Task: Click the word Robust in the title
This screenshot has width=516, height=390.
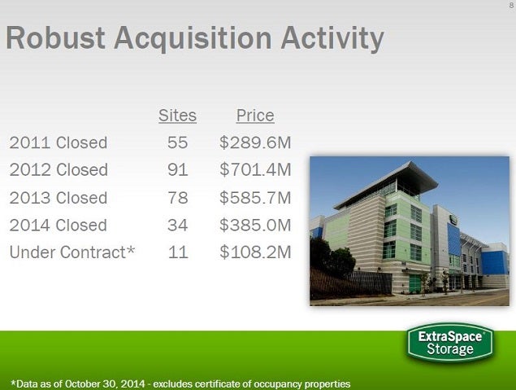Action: tap(55, 37)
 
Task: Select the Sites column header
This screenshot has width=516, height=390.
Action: tap(177, 116)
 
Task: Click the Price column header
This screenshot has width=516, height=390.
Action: tap(255, 116)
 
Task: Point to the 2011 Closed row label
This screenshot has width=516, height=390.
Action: tap(59, 142)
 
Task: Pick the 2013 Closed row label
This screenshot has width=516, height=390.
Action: tap(59, 198)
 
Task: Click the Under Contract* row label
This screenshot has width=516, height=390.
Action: tap(72, 252)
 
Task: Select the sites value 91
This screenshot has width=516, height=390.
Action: tap(178, 170)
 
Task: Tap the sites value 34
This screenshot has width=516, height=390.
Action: tap(178, 226)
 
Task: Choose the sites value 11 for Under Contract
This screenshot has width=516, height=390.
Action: tap(178, 252)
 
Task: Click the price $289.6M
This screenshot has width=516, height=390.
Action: tap(255, 142)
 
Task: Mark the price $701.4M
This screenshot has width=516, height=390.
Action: tap(255, 170)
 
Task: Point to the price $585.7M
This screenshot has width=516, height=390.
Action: tap(255, 198)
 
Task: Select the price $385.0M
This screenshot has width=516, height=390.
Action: tap(255, 226)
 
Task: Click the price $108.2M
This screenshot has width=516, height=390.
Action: tap(255, 252)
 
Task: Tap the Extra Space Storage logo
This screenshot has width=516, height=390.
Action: tap(450, 343)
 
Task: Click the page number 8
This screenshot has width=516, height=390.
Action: tap(511, 6)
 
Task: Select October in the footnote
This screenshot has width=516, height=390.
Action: tap(81, 384)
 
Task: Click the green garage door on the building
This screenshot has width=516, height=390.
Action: tap(415, 283)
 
